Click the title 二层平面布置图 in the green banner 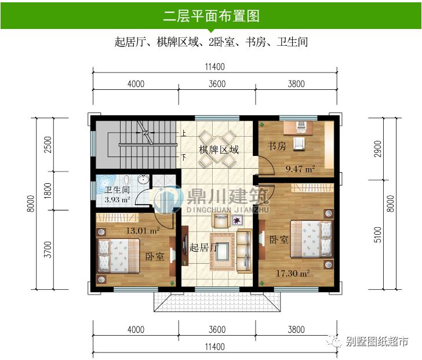click(211, 16)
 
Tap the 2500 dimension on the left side click(48, 144)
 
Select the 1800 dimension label click(48, 190)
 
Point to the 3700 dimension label click(48, 249)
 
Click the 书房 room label click(277, 146)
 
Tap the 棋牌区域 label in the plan click(218, 150)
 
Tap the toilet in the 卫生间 click(127, 179)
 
